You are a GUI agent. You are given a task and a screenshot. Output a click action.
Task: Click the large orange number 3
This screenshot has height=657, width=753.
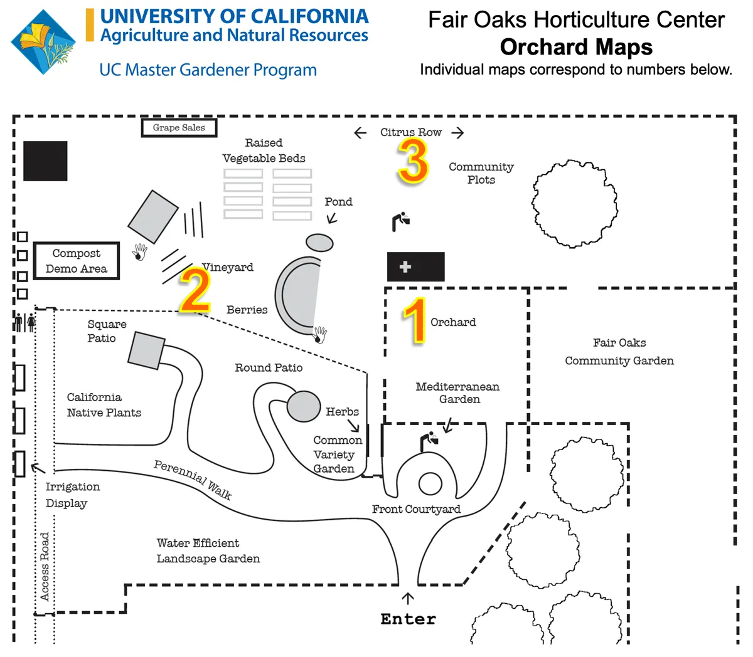414,161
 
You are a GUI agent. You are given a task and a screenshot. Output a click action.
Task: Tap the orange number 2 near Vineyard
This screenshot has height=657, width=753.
195,290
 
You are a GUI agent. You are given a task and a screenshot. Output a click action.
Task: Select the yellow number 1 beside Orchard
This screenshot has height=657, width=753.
415,321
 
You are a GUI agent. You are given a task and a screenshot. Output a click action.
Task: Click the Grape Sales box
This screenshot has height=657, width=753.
179,128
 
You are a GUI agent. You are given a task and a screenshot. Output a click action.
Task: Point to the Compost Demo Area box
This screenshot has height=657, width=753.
77,261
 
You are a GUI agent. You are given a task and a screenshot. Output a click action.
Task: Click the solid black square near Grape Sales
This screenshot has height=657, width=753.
45,161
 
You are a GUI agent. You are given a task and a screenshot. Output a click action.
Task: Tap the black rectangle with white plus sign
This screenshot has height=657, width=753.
415,266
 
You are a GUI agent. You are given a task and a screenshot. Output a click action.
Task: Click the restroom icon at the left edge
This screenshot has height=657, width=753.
25,322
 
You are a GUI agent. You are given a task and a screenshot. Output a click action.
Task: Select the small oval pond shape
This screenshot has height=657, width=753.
319,242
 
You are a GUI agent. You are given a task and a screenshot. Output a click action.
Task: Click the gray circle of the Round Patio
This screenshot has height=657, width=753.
304,406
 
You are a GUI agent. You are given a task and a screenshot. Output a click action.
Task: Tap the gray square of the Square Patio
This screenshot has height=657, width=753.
146,350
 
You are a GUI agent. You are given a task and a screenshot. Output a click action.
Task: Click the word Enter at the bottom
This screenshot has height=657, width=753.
408,619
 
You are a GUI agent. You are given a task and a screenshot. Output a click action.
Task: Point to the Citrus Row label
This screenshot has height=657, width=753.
411,132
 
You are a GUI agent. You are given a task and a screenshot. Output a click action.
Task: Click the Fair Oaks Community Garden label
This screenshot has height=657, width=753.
619,352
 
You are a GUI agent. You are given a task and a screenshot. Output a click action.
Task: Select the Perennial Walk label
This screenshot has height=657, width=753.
193,480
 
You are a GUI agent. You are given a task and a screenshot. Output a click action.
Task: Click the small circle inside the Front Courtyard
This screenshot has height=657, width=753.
430,484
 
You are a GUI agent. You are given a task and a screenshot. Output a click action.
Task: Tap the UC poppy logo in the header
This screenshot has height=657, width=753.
43,42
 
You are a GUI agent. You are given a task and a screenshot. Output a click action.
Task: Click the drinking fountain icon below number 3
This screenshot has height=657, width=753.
400,221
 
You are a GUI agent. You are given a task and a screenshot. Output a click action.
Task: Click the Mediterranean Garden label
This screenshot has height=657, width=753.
458,392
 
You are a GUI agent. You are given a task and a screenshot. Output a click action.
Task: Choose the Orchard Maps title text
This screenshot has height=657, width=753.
576,47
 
